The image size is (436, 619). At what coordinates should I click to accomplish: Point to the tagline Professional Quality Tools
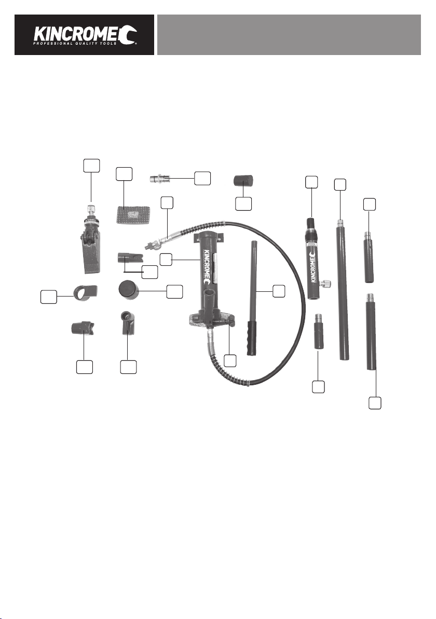[75, 44]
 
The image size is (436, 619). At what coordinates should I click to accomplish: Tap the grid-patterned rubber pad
[134, 214]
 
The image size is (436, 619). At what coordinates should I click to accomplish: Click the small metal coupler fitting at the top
[160, 179]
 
